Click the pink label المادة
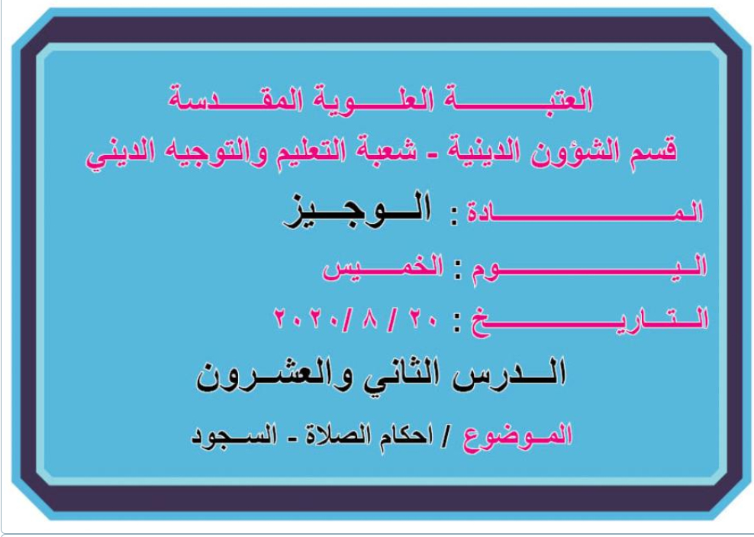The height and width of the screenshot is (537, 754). [585, 212]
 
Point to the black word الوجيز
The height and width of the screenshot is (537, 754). [357, 210]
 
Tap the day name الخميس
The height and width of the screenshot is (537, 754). [383, 267]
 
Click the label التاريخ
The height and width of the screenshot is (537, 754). [590, 319]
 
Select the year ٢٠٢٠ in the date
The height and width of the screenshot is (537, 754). [304, 319]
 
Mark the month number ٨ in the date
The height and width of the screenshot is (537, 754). [370, 319]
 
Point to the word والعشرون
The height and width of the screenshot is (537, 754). [274, 376]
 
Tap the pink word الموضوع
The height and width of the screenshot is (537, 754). [517, 436]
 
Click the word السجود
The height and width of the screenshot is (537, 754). [234, 436]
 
